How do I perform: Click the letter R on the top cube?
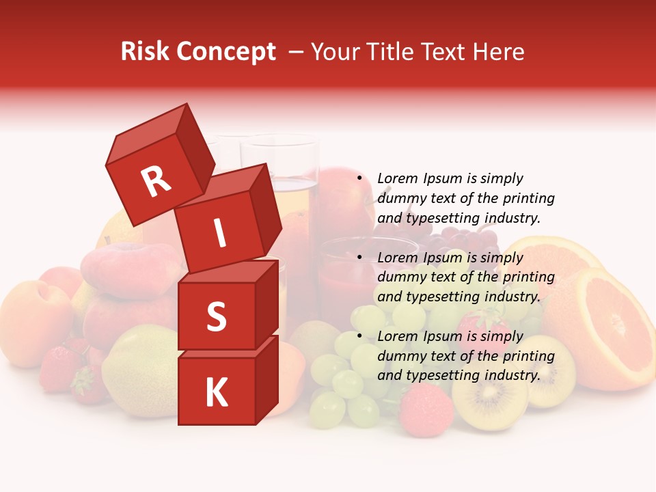[156, 182]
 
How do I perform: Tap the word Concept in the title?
[228, 52]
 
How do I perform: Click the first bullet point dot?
[359, 178]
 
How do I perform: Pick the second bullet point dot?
[359, 258]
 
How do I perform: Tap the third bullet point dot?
[359, 336]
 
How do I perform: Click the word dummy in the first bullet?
[400, 198]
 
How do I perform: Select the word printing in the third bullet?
[529, 356]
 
